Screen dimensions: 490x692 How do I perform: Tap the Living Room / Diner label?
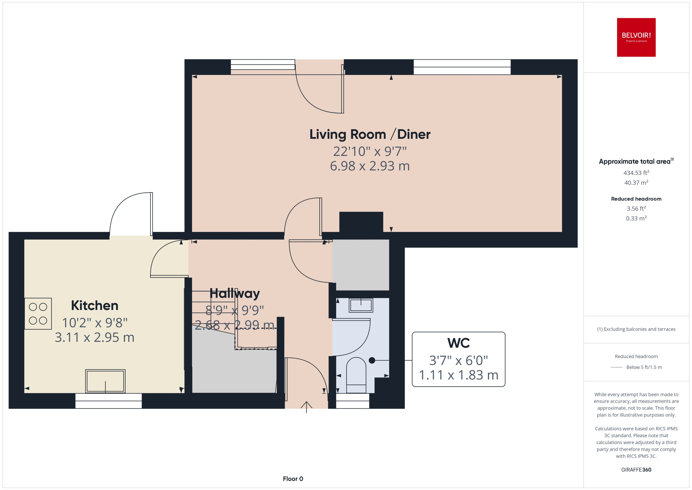370,135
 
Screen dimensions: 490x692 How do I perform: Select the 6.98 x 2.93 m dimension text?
370,166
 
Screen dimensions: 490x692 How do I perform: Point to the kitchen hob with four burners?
38,314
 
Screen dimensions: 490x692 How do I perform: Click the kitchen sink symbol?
105,381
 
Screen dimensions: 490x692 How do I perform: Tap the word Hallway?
234,293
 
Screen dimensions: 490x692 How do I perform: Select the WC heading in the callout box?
458,343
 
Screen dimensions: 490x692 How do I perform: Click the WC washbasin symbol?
361,305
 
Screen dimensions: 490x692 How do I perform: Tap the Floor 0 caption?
293,479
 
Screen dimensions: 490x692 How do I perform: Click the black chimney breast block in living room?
361,222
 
